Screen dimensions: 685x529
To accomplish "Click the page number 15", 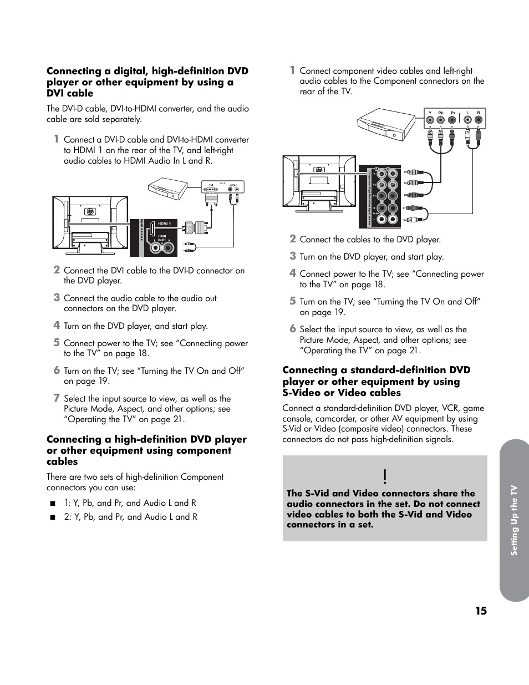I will point(480,611).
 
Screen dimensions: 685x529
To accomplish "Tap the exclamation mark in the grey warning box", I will point(384,476).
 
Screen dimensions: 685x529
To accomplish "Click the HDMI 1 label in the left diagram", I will point(165,224).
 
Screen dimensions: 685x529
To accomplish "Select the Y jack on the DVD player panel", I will point(430,120).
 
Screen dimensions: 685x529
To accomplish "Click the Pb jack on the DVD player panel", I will point(441,120).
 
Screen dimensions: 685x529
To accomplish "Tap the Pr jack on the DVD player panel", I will point(452,120).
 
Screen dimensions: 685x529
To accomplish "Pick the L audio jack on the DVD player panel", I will point(467,120).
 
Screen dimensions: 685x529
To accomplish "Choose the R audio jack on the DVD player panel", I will point(478,120).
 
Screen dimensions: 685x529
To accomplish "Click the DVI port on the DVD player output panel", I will point(211,189).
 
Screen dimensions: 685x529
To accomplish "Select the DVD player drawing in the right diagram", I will point(386,123).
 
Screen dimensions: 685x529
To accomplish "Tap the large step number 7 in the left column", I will point(56,398).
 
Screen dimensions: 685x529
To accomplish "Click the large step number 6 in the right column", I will point(292,328).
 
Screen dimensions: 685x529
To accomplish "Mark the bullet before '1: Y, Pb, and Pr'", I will point(53,504).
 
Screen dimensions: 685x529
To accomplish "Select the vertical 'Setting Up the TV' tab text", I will point(514,520).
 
